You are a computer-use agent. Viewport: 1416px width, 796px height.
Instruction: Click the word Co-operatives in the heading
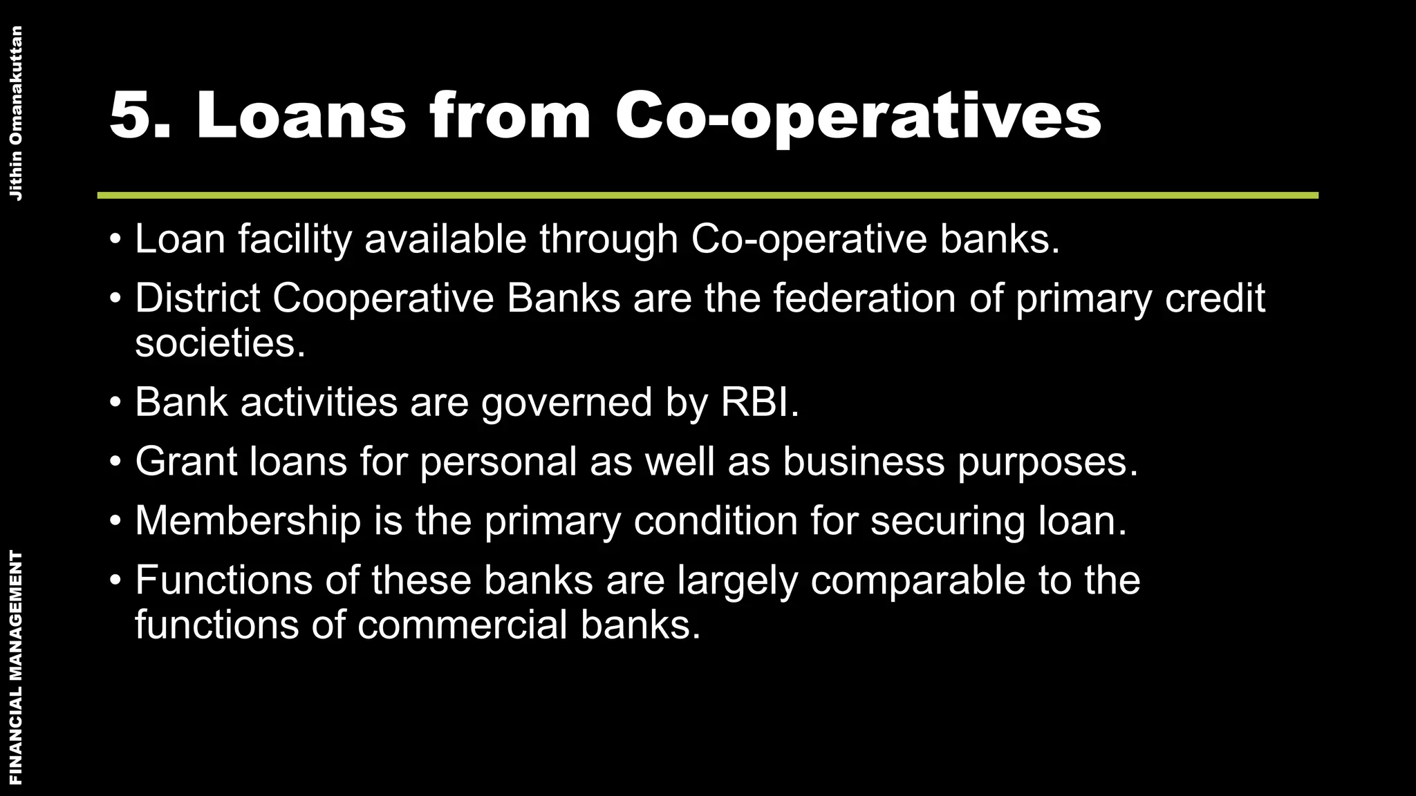tap(857, 115)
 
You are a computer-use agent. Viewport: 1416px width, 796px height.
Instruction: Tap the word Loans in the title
tap(301, 115)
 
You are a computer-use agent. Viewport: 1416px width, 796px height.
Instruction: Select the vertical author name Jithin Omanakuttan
tap(16, 113)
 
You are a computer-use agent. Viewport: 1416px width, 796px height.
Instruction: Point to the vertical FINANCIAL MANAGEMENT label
tap(16, 667)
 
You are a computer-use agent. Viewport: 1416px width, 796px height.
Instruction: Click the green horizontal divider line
tap(708, 196)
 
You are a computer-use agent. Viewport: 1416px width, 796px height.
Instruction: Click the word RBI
tap(759, 401)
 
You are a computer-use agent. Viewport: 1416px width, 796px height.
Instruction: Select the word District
tap(197, 298)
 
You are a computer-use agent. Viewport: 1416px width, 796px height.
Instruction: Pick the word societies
tap(220, 343)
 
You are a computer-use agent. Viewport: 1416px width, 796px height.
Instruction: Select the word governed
tap(566, 401)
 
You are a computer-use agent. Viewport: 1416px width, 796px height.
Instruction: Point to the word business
tap(864, 461)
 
